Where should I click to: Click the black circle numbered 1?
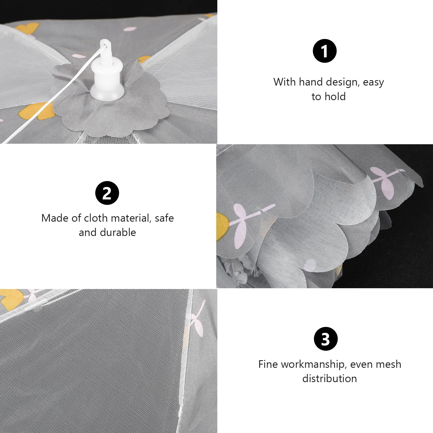coord(324,51)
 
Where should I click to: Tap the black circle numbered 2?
coord(107,193)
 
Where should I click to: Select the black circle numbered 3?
coord(326,339)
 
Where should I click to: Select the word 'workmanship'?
coord(314,364)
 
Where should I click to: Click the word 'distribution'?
coord(330,378)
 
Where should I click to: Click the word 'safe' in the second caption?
coord(164,218)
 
